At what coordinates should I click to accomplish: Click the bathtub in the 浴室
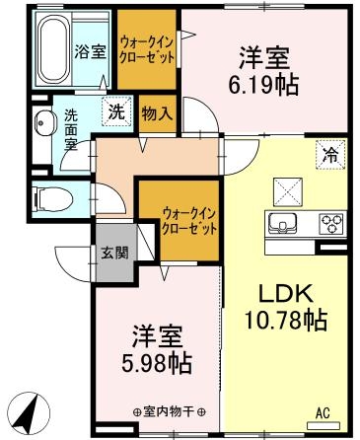click(52, 51)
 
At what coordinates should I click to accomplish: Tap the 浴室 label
click(91, 52)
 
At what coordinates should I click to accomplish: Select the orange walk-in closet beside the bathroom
click(148, 50)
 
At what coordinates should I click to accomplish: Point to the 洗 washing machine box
click(116, 111)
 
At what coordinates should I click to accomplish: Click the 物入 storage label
click(158, 112)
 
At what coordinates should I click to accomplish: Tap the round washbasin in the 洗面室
click(43, 124)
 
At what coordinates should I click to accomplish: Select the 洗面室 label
click(72, 128)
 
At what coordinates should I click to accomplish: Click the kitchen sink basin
click(284, 222)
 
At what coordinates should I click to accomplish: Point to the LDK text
click(286, 293)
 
